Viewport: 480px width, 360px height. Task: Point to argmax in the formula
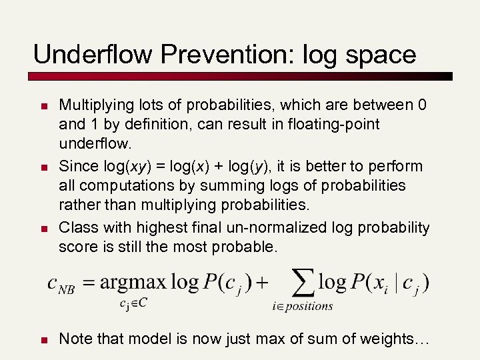click(133, 283)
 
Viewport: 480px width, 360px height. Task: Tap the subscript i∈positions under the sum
click(302, 306)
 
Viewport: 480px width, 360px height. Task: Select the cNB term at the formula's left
click(61, 284)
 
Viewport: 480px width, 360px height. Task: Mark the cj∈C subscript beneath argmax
click(134, 303)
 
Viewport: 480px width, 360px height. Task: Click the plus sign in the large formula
click(262, 282)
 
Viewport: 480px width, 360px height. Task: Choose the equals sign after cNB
click(87, 282)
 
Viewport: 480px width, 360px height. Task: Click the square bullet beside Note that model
click(43, 340)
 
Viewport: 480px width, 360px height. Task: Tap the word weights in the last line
click(390, 339)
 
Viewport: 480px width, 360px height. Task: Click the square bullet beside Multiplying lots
click(43, 106)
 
